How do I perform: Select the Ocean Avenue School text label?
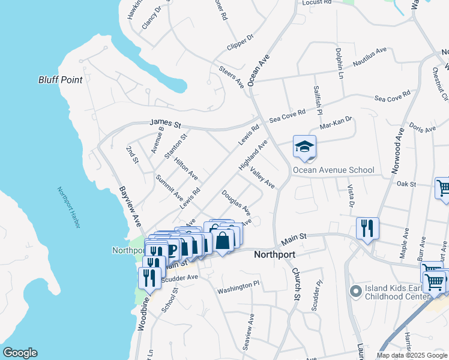click(x=333, y=170)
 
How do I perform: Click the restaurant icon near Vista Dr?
click(x=367, y=229)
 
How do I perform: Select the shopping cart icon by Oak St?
click(x=442, y=188)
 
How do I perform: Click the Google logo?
click(x=19, y=353)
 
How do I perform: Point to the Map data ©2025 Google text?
click(x=412, y=355)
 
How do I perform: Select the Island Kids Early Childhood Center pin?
click(x=355, y=292)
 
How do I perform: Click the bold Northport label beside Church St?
click(x=274, y=254)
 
